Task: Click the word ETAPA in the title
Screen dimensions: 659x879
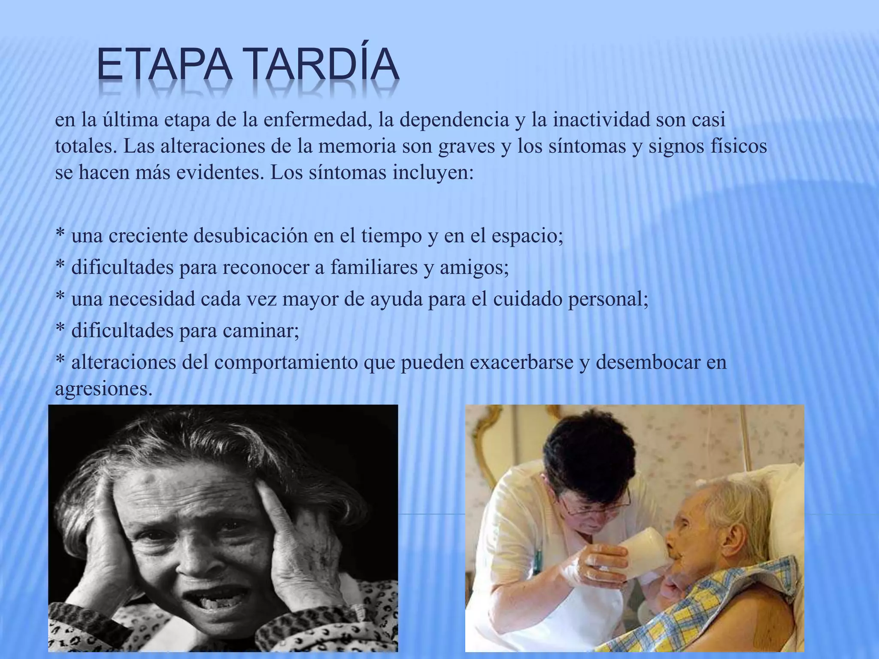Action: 164,65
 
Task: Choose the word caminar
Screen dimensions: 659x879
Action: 261,331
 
